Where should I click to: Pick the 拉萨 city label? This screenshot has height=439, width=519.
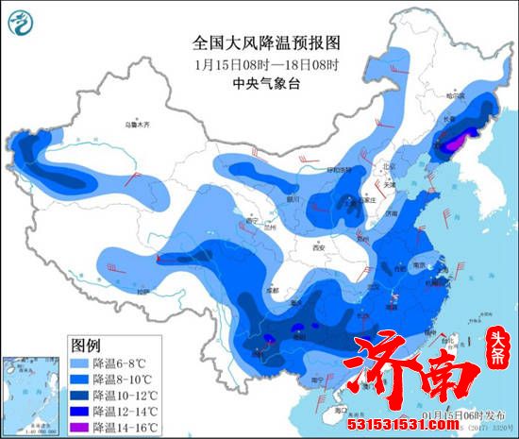click(142, 293)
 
